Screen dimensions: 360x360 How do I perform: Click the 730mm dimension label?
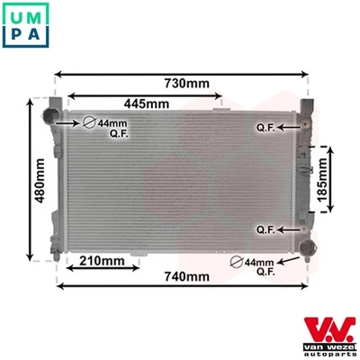click(186, 84)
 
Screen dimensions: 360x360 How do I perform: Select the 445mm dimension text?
click(147, 103)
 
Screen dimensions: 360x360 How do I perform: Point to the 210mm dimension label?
click(102, 261)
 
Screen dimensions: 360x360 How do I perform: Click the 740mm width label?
click(184, 277)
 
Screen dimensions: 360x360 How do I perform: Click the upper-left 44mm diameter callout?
click(109, 126)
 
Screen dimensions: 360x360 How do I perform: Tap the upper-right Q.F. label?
click(265, 127)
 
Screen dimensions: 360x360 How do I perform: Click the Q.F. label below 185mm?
click(265, 229)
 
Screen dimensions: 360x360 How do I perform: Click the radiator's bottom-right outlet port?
click(309, 244)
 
